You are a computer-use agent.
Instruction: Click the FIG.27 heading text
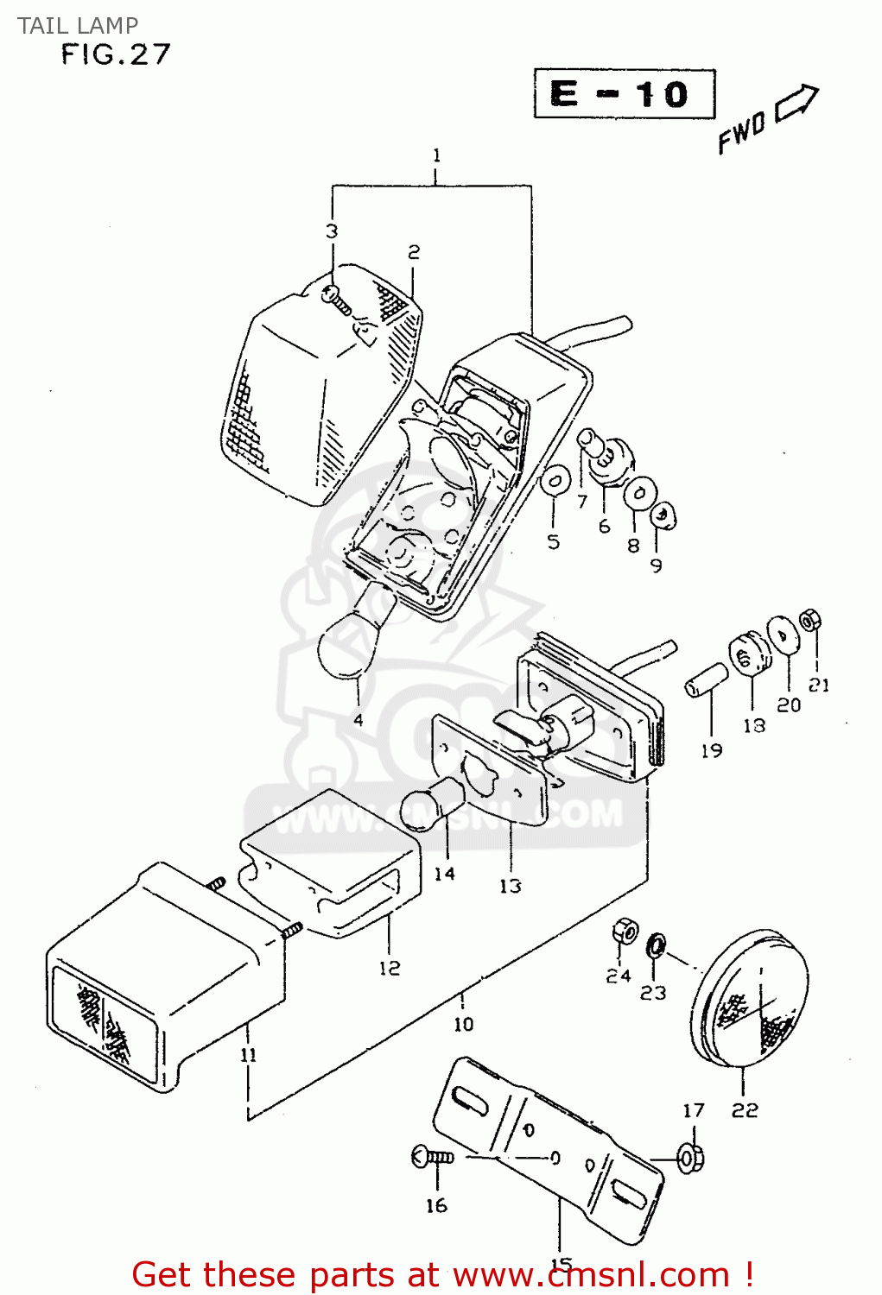click(x=116, y=55)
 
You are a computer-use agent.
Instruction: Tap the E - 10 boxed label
click(x=624, y=93)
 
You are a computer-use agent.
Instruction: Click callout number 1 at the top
click(x=436, y=156)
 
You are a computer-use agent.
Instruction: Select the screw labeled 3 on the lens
click(x=336, y=298)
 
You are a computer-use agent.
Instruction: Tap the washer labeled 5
click(x=554, y=483)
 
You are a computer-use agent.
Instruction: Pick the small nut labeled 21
click(x=809, y=620)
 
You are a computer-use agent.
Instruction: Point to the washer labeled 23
click(x=656, y=944)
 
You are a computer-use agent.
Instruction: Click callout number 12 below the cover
click(x=390, y=968)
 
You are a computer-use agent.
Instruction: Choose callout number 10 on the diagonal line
click(x=464, y=1024)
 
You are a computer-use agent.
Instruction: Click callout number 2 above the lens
click(x=414, y=252)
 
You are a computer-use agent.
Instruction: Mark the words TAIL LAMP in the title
click(x=78, y=25)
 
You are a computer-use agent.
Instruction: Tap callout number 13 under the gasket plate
click(x=511, y=886)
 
